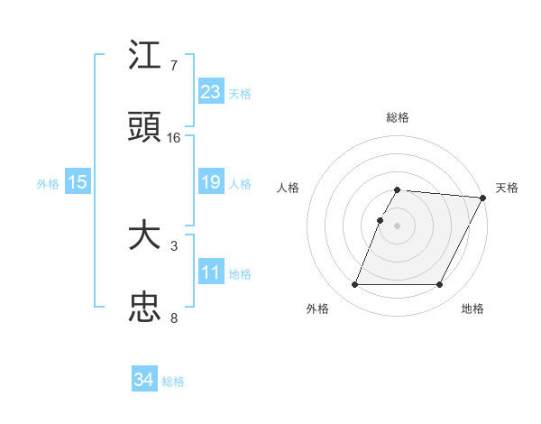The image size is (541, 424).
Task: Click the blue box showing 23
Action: click(x=211, y=91)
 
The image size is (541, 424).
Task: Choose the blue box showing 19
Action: click(x=211, y=182)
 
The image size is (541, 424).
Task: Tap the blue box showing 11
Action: click(x=211, y=272)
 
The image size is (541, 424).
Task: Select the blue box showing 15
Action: click(x=78, y=182)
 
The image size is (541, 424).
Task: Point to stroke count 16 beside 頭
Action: click(x=174, y=138)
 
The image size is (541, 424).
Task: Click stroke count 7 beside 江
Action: click(x=174, y=66)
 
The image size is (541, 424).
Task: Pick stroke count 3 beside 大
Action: click(x=174, y=245)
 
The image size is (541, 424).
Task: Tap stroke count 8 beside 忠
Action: click(x=174, y=318)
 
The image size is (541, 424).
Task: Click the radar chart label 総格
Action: click(x=398, y=117)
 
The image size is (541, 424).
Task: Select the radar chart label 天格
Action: click(x=507, y=188)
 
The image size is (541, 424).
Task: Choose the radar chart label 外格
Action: click(x=317, y=309)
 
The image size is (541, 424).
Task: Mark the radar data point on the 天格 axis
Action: click(x=483, y=198)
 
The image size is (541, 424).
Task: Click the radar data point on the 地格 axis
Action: click(x=440, y=285)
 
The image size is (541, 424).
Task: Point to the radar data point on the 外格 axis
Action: click(x=354, y=285)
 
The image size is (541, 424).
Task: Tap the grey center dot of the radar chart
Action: click(x=398, y=225)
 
